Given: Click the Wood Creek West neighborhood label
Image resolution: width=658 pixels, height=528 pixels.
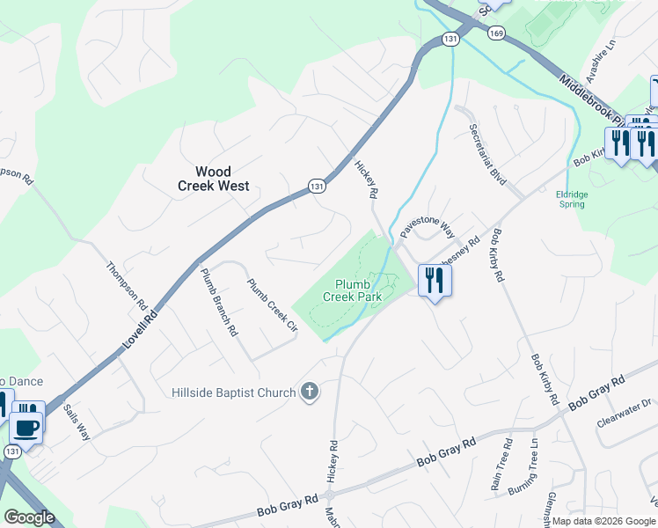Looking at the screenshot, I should pos(213,179).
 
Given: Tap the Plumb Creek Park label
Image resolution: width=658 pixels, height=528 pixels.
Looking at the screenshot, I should pos(357,290).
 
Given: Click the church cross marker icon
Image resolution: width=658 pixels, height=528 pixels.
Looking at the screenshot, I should pos(309,392).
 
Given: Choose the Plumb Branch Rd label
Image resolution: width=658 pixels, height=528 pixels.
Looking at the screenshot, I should pos(219,303).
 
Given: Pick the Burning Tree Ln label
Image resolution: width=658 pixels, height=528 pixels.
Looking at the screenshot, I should pos(534,466).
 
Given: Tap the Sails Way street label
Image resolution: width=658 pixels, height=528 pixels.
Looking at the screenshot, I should pos(77,422).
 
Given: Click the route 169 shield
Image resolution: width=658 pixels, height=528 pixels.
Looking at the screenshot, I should pos(496,33).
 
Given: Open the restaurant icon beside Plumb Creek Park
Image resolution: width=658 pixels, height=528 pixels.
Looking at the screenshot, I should pos(435,281).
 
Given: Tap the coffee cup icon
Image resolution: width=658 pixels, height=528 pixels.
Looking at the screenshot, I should pos(26,429).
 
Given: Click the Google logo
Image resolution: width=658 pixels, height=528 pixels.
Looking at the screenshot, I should pos(29,517).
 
